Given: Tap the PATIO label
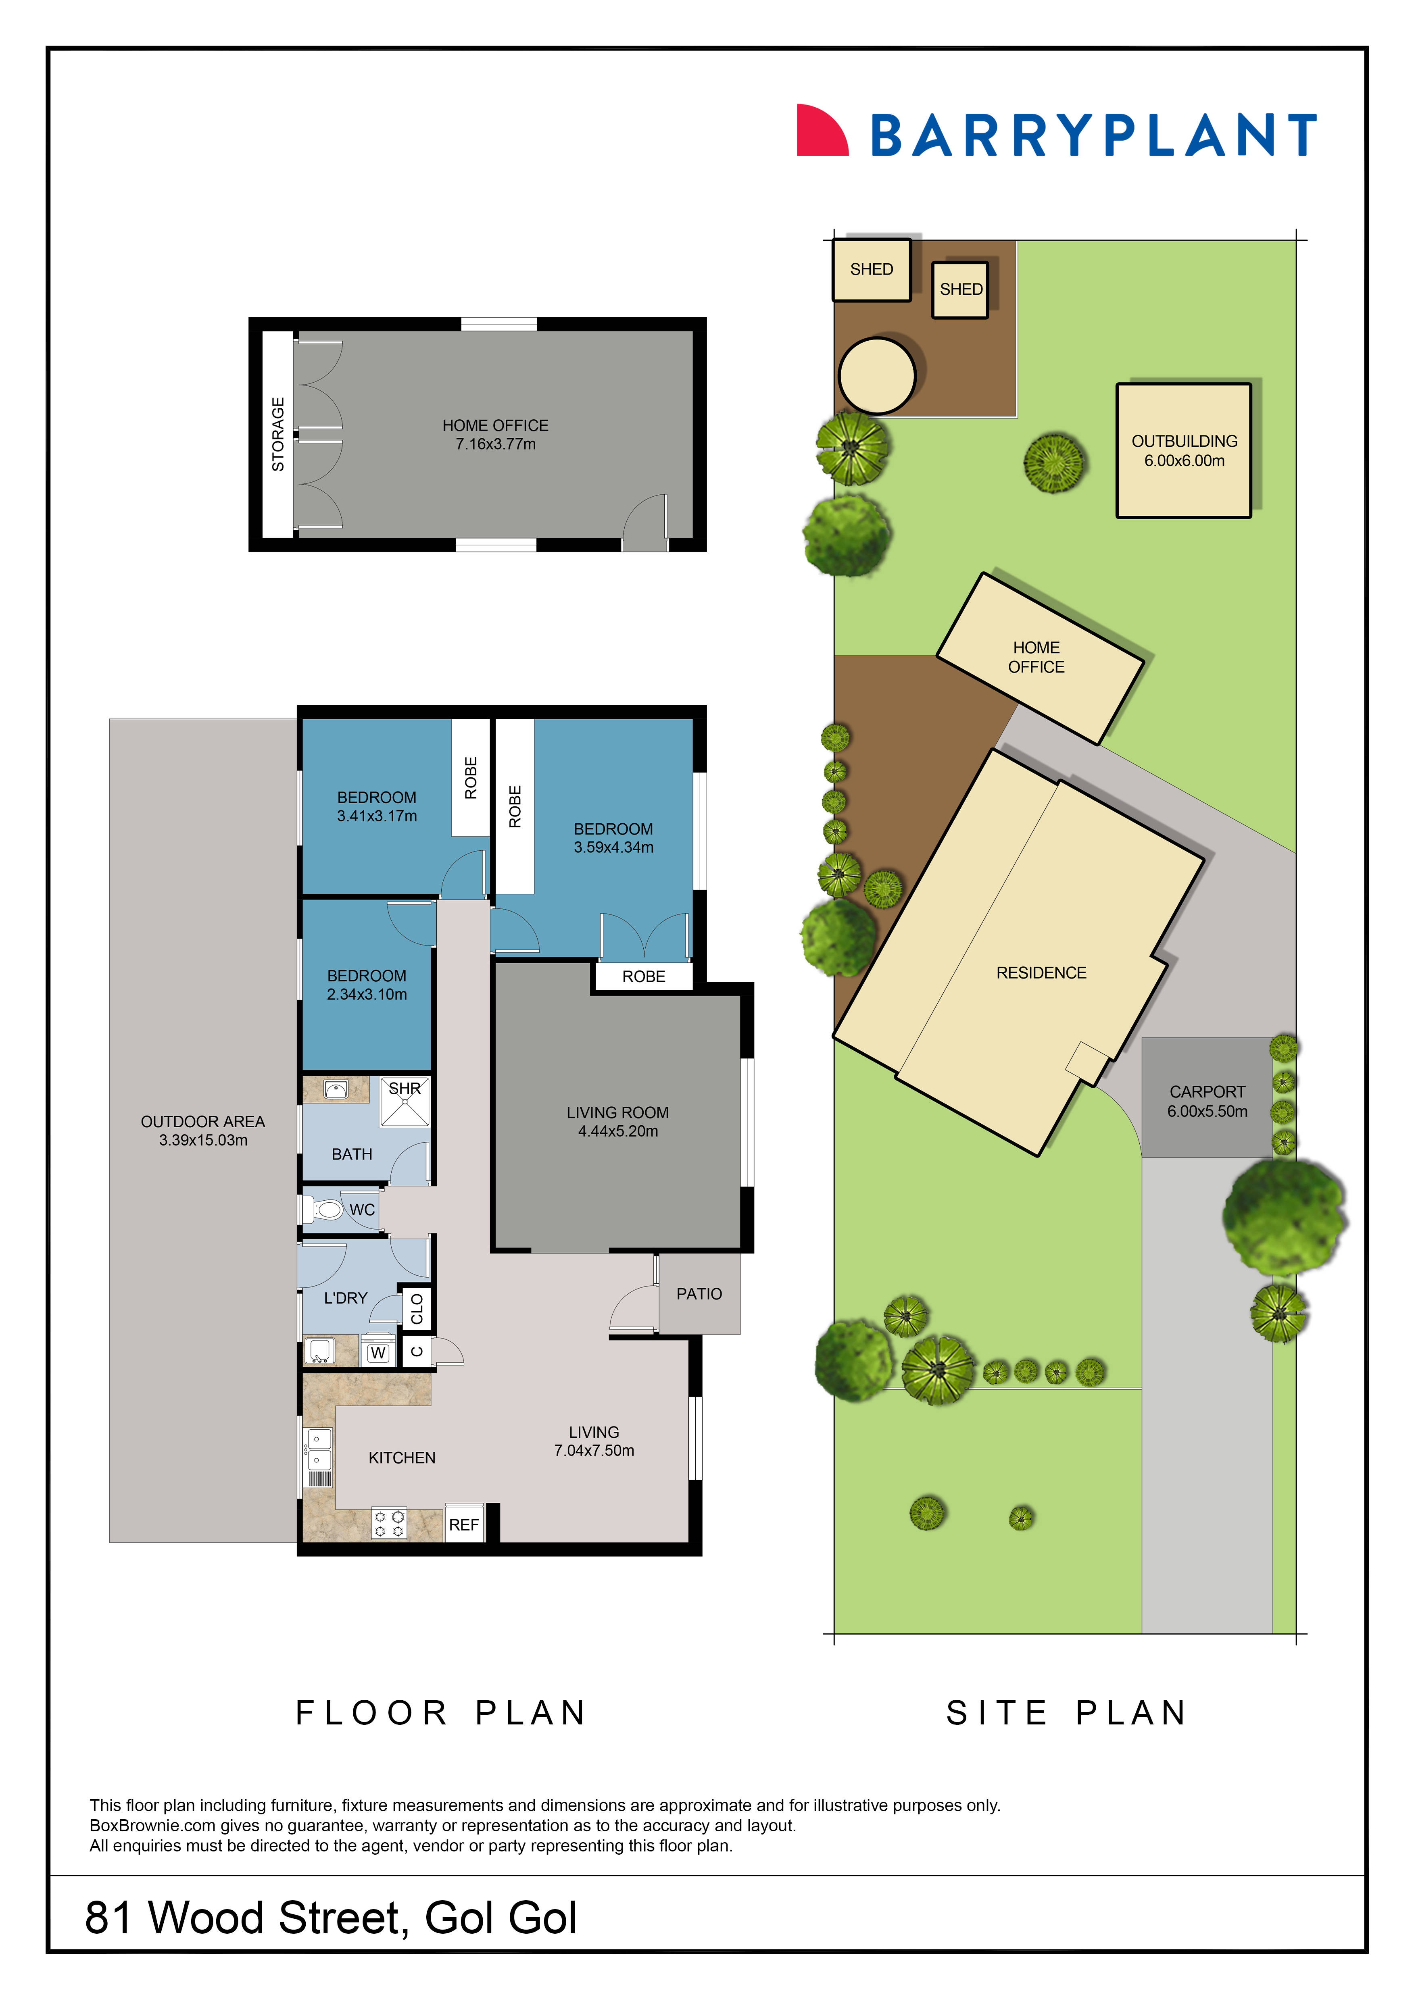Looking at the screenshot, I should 699,1294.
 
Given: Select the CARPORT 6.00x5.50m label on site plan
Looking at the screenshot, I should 1207,1102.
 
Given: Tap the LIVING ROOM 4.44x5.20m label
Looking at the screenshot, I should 617,1121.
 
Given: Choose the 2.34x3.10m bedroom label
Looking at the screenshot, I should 367,994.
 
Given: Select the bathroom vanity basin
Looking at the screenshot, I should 336,1089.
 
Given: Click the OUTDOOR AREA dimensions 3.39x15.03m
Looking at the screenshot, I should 203,1141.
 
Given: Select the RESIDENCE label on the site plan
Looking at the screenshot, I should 1041,972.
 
